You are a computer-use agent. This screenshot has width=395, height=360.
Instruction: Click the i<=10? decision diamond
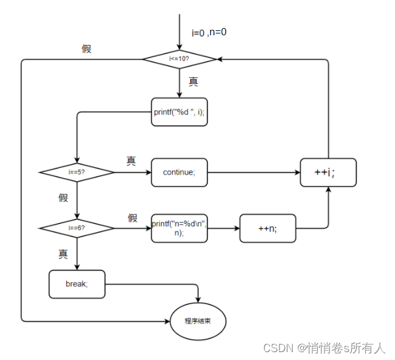point(179,59)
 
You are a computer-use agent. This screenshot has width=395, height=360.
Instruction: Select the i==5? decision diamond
point(77,172)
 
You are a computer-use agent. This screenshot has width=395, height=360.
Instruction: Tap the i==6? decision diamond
point(77,228)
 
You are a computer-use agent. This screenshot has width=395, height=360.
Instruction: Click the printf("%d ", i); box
point(179,112)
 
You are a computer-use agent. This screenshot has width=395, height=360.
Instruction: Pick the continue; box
point(179,172)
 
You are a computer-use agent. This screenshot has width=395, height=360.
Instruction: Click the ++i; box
point(328,173)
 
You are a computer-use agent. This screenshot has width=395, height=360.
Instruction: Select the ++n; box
point(268,229)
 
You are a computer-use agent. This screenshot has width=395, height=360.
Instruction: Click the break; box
point(77,284)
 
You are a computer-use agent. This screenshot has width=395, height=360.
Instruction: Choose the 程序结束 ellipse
point(197,320)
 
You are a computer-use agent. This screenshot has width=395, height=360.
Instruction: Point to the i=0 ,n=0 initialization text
point(209,33)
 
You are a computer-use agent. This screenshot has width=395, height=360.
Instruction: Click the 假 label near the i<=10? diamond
point(87,49)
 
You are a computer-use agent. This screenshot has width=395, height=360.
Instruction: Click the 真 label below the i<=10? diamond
point(193,81)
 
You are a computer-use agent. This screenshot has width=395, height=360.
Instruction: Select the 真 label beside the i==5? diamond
point(131,161)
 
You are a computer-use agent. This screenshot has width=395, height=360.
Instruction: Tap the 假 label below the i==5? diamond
point(63,198)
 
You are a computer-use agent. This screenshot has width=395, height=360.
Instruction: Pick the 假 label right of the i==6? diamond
point(132,218)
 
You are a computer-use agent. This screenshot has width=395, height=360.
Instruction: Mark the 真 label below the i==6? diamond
point(63,254)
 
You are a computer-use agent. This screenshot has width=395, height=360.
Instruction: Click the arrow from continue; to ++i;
point(253,173)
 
